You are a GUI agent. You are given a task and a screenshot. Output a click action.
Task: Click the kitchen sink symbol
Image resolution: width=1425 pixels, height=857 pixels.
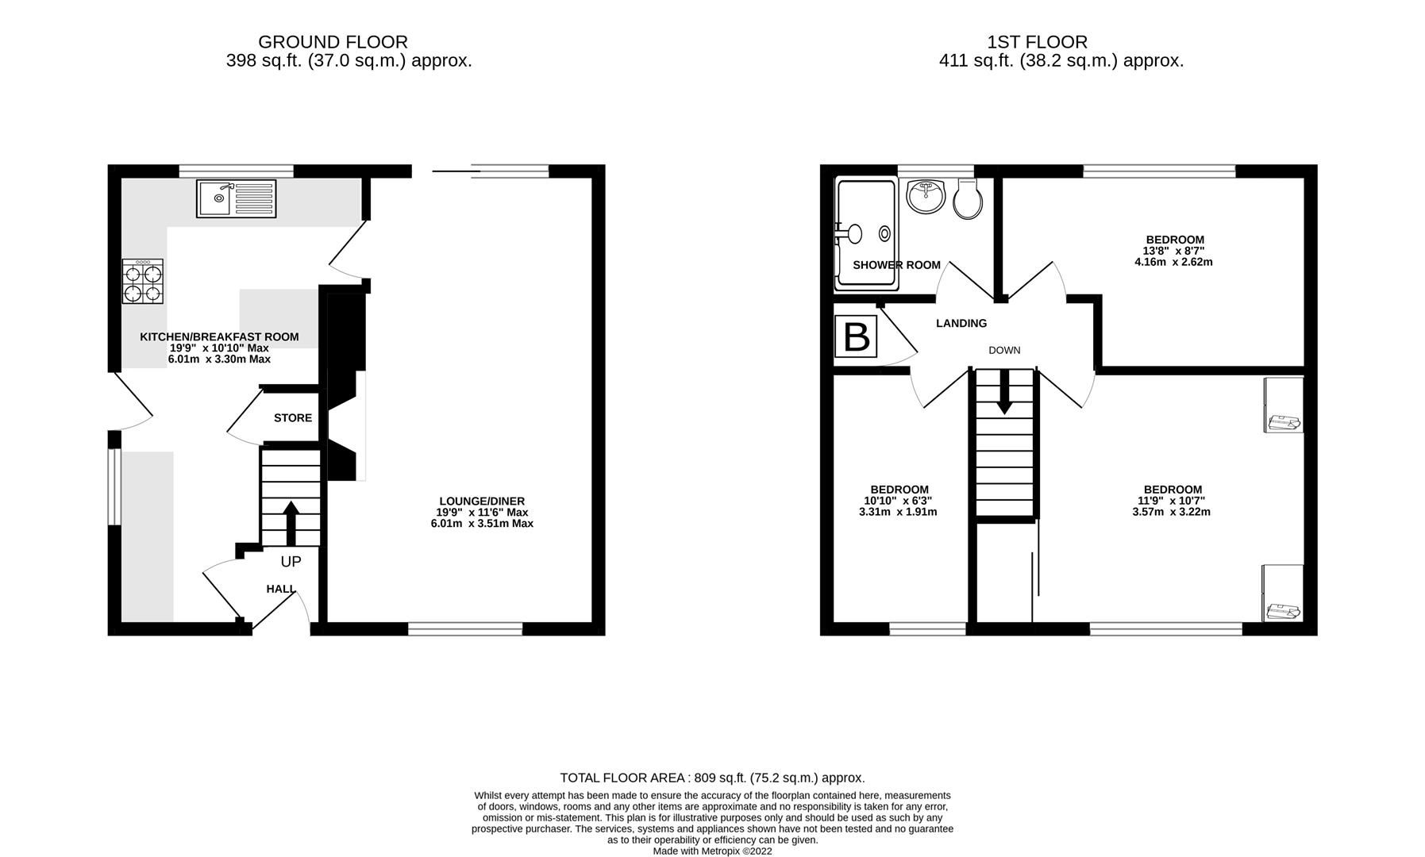(236, 198)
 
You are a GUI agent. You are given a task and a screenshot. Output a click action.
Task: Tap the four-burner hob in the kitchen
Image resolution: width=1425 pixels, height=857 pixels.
(143, 282)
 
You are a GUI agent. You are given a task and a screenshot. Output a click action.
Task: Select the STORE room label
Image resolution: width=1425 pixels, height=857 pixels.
(293, 418)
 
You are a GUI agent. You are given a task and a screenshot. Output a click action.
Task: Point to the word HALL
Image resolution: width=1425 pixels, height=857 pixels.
(280, 589)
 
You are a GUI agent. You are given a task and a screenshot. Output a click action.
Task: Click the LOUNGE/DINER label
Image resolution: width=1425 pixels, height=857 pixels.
(482, 501)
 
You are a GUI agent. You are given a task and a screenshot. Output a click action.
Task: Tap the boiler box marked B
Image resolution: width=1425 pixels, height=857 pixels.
(856, 336)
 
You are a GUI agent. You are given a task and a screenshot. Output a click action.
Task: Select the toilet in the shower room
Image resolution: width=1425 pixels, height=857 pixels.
(967, 199)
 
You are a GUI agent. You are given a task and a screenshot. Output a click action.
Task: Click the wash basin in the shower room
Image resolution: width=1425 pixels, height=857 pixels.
(925, 196)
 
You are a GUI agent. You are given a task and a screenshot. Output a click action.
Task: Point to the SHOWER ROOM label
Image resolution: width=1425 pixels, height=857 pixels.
(896, 265)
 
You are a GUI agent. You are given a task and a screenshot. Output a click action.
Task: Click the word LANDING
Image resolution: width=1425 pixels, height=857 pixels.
(961, 323)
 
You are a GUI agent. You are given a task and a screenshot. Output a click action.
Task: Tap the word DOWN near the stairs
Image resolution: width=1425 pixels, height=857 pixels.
(1004, 350)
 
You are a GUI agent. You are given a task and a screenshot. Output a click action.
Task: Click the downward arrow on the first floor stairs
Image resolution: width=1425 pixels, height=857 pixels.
(1004, 392)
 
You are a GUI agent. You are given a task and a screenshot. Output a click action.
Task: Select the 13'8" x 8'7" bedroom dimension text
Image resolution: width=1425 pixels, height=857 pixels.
(1174, 251)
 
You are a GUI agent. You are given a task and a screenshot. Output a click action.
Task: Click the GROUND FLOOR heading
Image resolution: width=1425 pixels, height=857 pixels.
(333, 42)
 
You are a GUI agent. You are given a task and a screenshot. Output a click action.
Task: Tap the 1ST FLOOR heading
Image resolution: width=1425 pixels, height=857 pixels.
(1037, 42)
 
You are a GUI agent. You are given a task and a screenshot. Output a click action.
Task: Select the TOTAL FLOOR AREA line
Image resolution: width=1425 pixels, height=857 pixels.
(712, 778)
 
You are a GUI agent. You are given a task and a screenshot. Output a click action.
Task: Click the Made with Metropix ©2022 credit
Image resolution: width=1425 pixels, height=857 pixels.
(712, 851)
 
